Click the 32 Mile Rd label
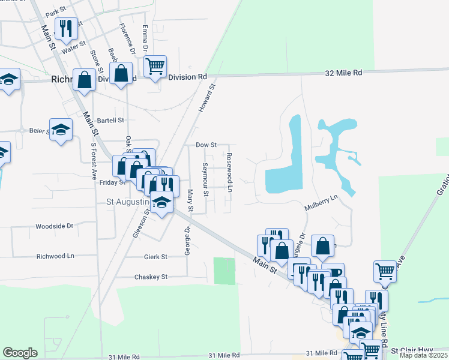(x=343, y=73)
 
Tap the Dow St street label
(x=206, y=145)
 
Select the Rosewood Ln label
(x=229, y=173)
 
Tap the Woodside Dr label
(x=54, y=226)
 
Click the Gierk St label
(x=155, y=256)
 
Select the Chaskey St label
(x=151, y=277)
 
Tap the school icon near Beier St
(x=61, y=130)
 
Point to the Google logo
(x=20, y=353)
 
